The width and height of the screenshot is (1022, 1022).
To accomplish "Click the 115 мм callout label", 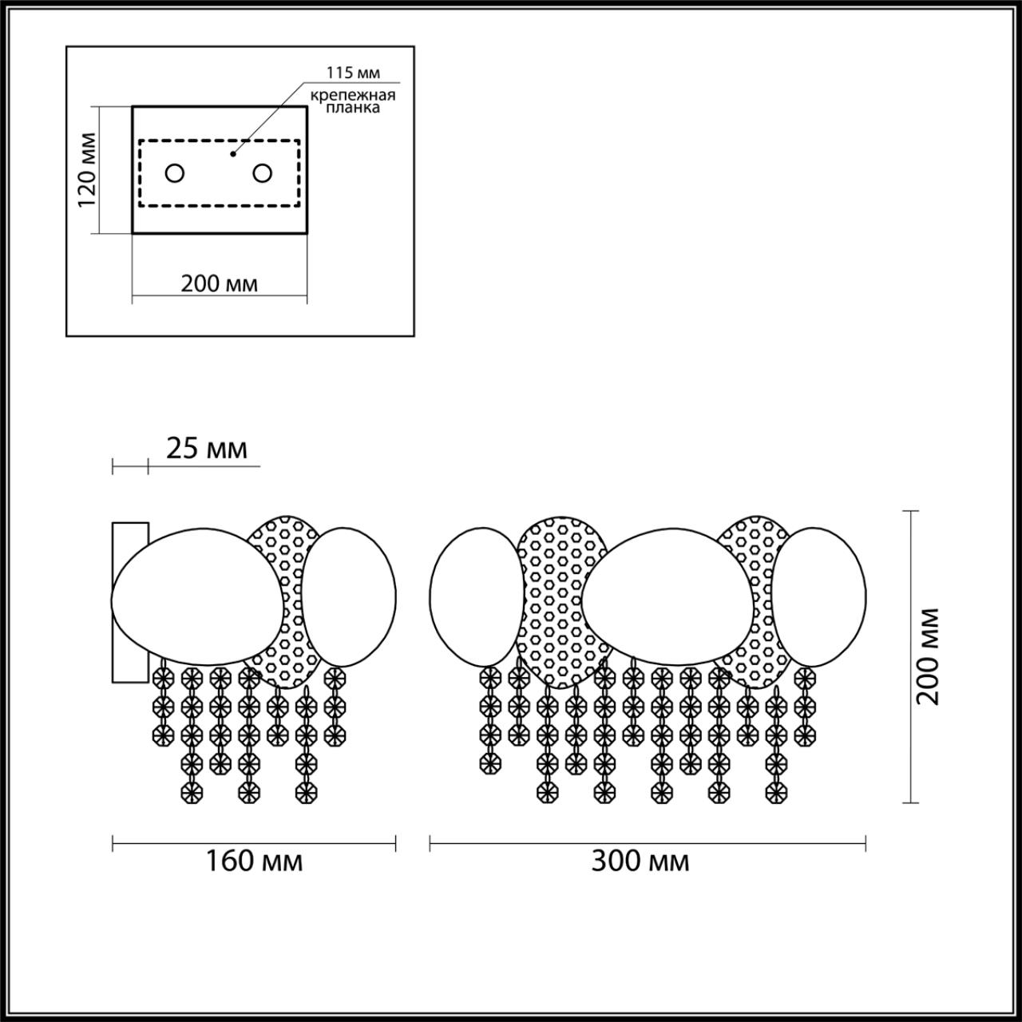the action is coord(353,73).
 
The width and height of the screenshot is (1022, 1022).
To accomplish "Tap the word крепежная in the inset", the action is coord(353,96).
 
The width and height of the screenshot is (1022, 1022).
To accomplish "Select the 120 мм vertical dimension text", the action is coord(87,170).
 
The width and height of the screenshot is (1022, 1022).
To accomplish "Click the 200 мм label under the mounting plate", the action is coord(219,284).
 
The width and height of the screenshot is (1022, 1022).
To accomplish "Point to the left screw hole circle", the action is coord(175,173).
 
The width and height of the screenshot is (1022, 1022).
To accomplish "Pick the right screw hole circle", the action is coord(263,173).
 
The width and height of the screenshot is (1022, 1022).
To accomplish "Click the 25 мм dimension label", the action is coord(207,449).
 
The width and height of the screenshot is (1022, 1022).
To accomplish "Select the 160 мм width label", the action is coord(254,862).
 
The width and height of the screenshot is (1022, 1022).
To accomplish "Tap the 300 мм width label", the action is coord(640,862).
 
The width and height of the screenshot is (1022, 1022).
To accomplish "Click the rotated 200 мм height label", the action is coord(928,656).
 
